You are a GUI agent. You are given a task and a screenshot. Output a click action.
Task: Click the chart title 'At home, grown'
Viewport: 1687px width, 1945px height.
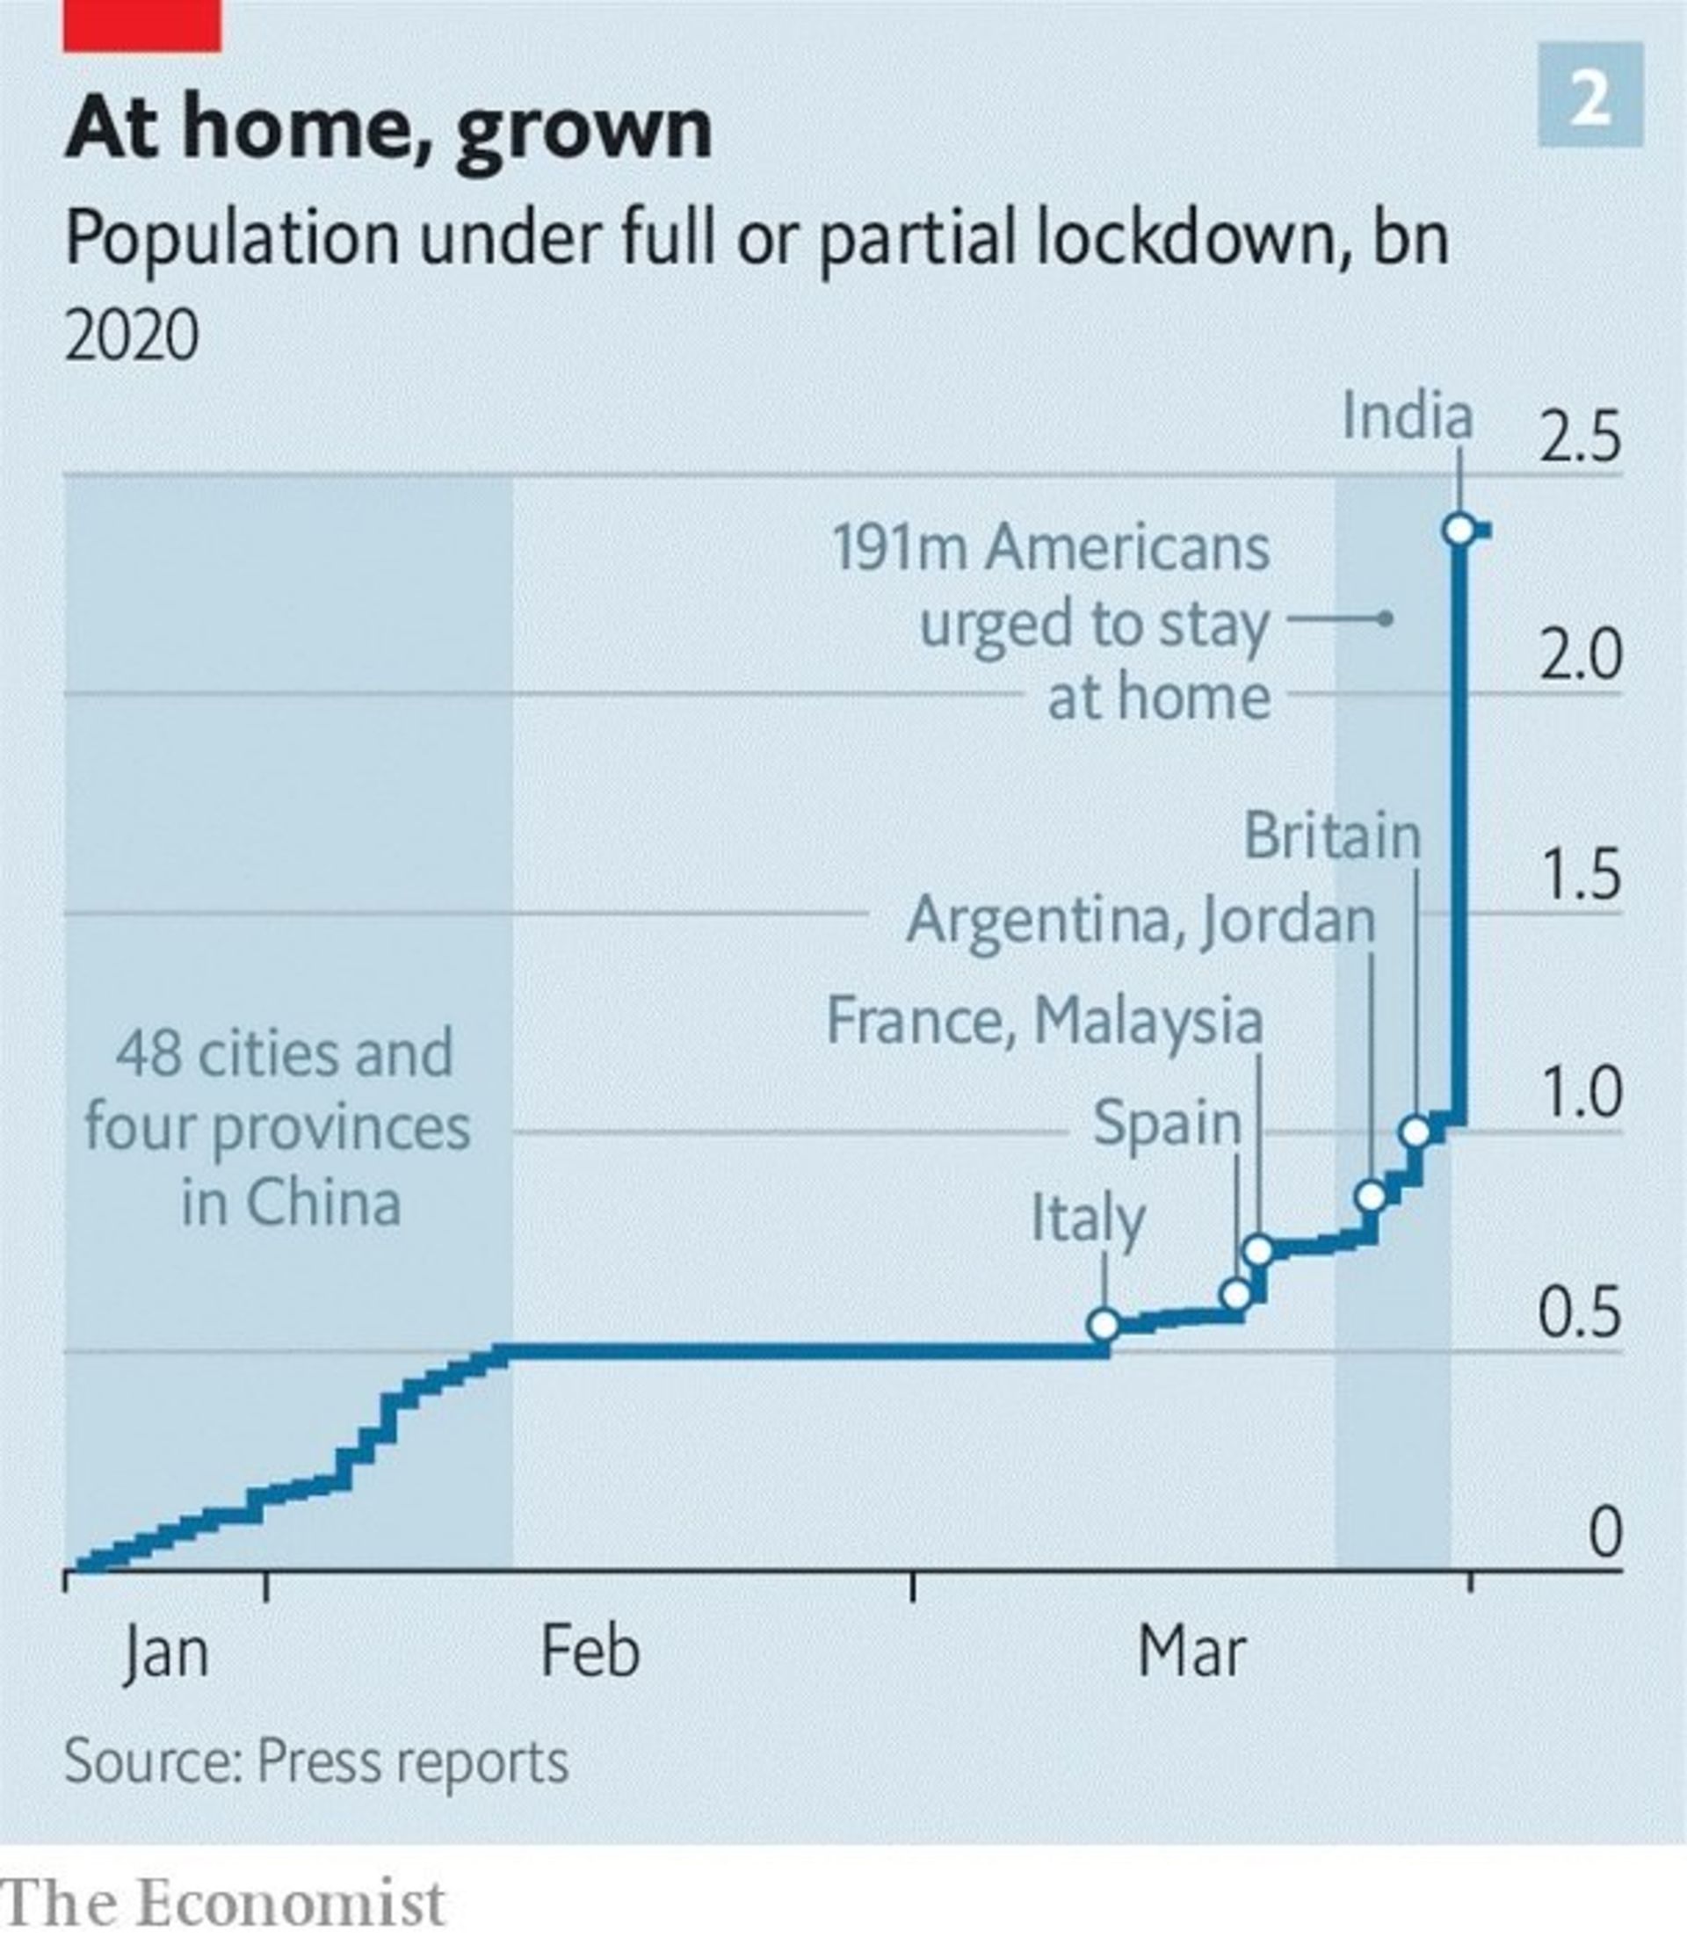387,130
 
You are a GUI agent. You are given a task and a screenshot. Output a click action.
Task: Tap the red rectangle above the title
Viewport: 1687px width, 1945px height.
142,25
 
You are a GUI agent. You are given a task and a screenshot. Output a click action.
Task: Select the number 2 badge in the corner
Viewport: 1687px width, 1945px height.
1590,96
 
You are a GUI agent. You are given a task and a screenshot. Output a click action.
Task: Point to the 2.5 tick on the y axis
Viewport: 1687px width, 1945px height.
1580,437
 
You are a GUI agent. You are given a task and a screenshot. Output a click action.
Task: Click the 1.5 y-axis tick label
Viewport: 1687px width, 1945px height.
1580,876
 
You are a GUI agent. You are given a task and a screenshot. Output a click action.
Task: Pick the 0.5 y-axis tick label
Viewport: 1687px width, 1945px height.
1580,1313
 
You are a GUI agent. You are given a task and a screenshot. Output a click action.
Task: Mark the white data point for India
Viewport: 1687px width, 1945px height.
1459,530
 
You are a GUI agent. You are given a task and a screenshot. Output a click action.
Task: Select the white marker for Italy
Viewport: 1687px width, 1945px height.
1104,1326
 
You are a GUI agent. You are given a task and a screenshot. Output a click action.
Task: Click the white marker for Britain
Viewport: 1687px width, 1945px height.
1415,1132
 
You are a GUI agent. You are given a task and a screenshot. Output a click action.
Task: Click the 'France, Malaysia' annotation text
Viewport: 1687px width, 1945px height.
1044,1021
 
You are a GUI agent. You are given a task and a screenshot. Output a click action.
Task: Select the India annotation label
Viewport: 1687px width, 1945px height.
1407,416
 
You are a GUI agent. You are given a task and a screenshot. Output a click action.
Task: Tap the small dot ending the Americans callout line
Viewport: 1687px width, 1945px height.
1386,618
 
